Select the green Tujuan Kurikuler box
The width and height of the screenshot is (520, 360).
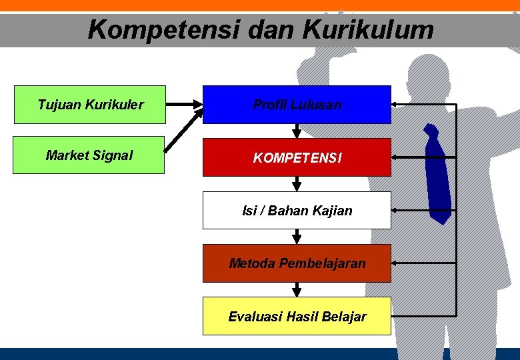90,105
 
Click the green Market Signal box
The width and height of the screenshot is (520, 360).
89,155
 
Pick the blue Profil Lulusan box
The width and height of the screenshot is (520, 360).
297,105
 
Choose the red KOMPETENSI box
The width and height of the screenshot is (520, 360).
297,158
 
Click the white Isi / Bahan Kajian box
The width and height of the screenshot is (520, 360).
297,211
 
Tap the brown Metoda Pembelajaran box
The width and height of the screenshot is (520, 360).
297,263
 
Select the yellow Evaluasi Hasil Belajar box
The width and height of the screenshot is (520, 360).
297,316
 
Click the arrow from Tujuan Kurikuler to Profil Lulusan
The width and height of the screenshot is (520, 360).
183,105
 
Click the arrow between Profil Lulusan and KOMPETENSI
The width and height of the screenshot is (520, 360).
297,131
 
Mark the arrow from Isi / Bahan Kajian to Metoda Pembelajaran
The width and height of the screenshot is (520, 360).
297,236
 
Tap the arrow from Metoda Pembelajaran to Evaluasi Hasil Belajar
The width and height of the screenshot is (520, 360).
297,289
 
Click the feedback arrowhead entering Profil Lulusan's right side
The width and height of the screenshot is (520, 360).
395,105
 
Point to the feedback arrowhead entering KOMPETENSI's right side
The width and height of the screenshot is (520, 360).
395,157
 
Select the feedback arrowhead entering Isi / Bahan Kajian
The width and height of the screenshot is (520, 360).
395,210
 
